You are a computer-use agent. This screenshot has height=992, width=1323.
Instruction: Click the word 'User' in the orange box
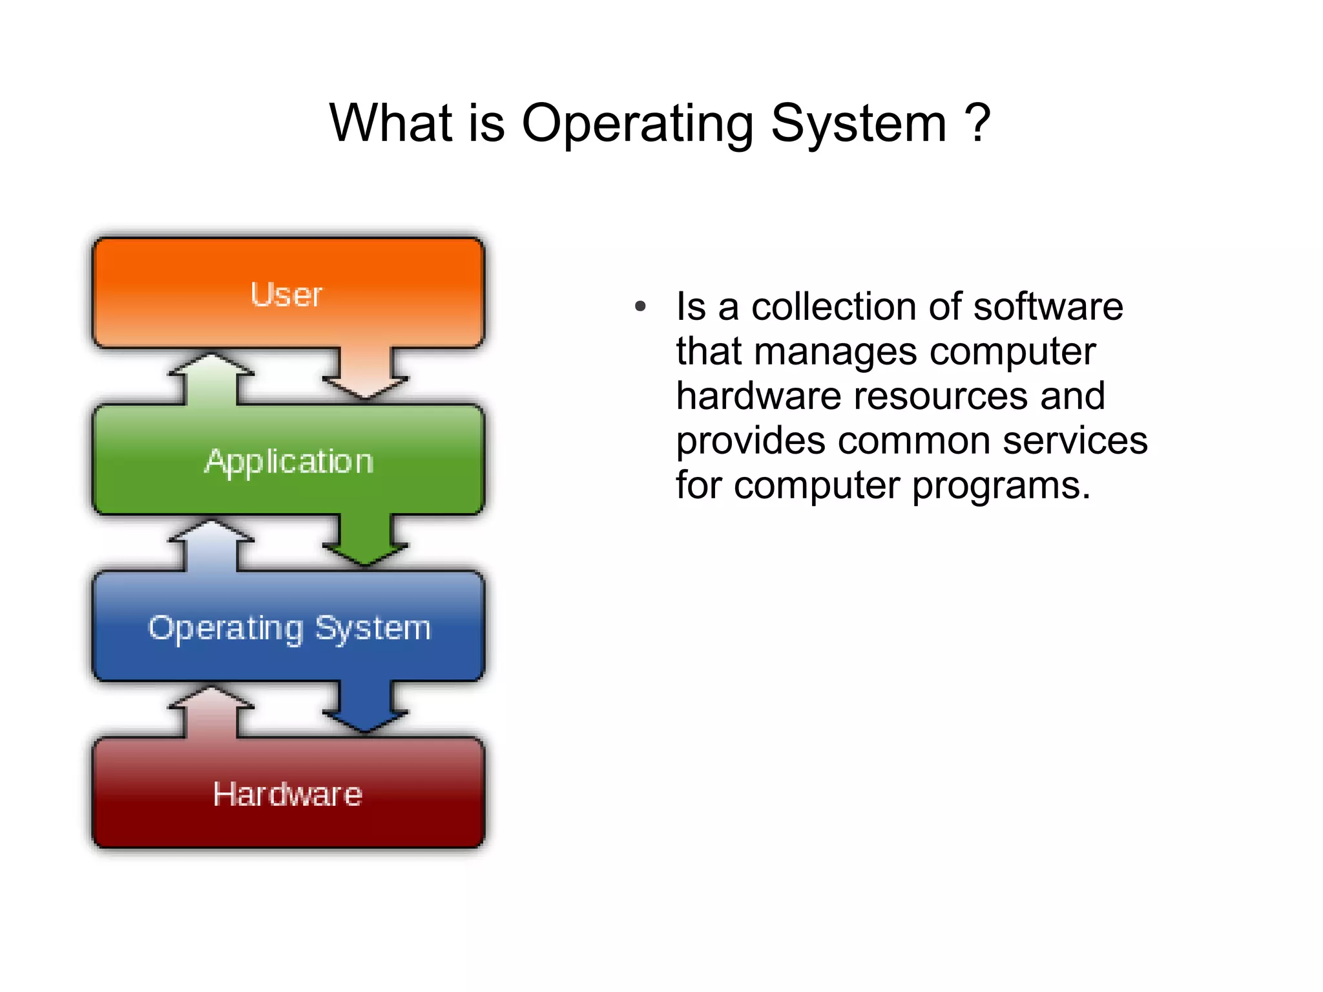(x=286, y=295)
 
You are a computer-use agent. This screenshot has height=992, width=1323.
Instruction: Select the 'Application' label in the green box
(x=289, y=461)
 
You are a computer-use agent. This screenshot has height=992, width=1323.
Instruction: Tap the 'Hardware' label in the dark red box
(x=287, y=794)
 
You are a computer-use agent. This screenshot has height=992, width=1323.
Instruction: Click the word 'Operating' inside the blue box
(x=225, y=629)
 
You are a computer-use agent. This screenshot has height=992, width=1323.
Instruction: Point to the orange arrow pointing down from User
(x=366, y=375)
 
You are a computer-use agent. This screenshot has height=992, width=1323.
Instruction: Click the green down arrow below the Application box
(x=366, y=542)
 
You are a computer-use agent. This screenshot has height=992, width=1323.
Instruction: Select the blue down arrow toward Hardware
(x=366, y=708)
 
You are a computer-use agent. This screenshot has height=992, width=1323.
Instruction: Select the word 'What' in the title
(x=390, y=123)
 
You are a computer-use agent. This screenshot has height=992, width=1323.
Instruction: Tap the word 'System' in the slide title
(x=859, y=124)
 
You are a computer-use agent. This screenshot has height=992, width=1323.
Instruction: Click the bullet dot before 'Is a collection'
(x=640, y=306)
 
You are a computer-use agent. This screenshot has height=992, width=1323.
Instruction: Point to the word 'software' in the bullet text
(x=1048, y=306)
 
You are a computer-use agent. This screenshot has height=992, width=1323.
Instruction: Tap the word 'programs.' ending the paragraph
(x=1001, y=486)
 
